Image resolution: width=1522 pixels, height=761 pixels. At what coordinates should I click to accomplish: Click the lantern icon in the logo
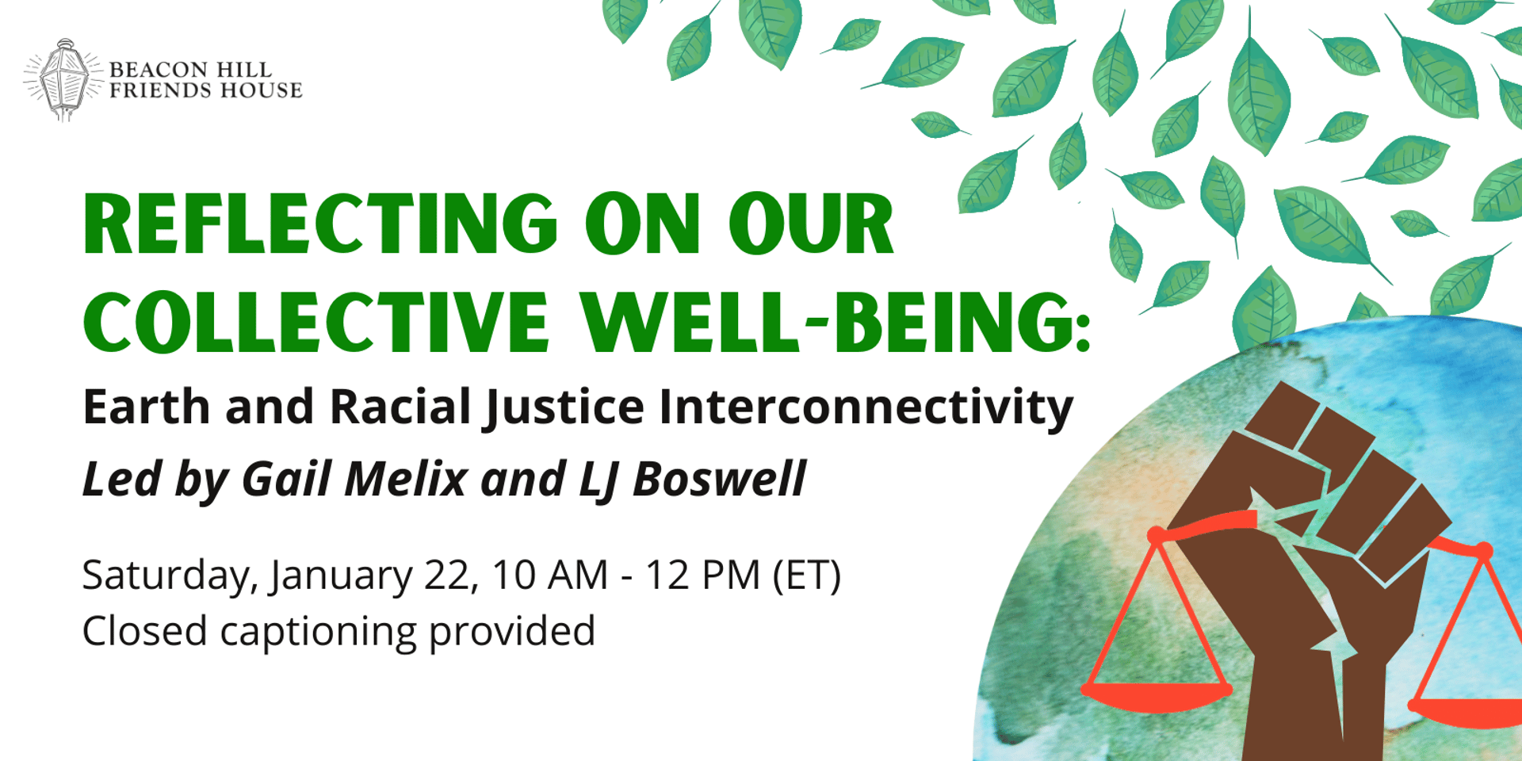63,80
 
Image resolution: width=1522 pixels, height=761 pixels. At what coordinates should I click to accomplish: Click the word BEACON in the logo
158,70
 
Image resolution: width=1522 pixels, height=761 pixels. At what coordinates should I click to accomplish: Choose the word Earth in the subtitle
147,407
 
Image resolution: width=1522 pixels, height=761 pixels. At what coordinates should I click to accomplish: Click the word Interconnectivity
866,408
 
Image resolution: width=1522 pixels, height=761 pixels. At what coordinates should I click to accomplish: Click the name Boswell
719,479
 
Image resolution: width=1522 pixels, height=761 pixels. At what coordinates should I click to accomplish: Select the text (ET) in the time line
807,576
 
